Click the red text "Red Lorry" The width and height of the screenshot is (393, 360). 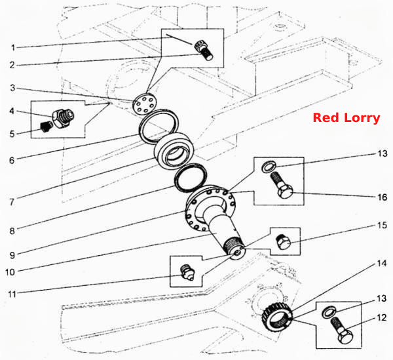pos(346,118)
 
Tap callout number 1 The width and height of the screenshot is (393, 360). pos(13,47)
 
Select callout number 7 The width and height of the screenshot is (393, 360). pos(12,202)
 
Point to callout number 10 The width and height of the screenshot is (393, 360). pos(10,272)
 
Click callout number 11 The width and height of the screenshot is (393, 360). pos(12,294)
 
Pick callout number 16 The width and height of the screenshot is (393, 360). pos(383,197)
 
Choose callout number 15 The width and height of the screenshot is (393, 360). pos(383,226)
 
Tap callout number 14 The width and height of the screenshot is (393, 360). pos(382,264)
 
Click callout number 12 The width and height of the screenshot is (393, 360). pos(382,318)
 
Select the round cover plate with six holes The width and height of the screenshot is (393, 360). pos(143,104)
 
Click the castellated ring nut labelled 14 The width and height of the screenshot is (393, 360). pos(276,317)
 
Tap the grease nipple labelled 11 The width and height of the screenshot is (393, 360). pos(187,272)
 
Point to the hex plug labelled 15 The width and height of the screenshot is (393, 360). pos(283,243)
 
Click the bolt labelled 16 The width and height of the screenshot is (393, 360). pos(282,185)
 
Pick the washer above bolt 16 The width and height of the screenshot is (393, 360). pos(269,166)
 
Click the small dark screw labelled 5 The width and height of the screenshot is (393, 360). pos(46,126)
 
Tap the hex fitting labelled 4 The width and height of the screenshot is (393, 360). pos(63,118)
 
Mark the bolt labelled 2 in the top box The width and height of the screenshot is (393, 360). pos(204,50)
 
